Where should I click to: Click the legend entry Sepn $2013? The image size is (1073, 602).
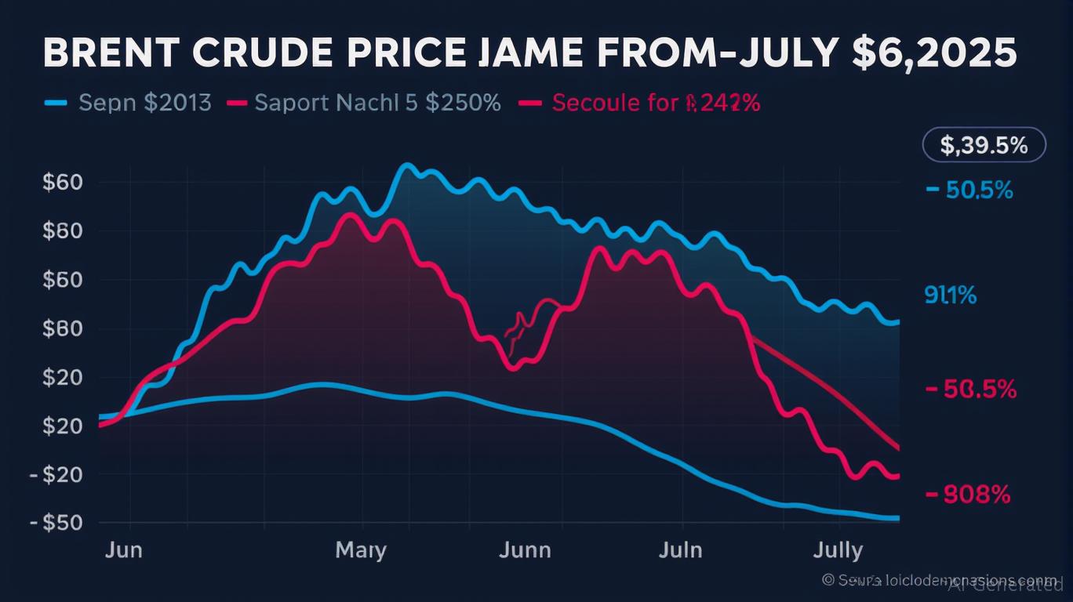pos(145,103)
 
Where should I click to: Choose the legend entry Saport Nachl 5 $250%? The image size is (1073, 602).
pos(377,103)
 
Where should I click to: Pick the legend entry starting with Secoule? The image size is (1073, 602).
pos(656,103)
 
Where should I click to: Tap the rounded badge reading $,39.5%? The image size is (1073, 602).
pos(983,146)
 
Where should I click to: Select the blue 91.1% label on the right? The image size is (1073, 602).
pos(950,296)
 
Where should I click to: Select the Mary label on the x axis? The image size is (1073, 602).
pos(361,550)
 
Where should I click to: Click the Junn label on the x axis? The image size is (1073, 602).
pos(525,550)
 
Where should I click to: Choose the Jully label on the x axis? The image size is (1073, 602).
pos(838,550)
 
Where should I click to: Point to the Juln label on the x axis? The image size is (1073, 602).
pos(679,550)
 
